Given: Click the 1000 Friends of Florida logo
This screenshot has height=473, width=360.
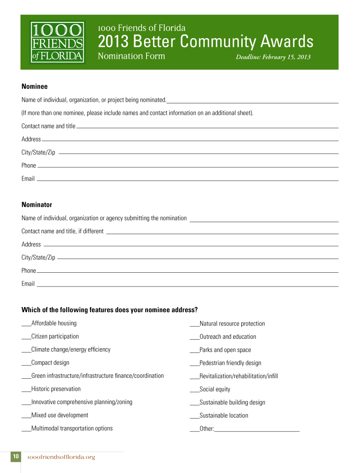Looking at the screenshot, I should [x=57, y=42].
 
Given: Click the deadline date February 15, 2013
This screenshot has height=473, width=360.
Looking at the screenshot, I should [x=273, y=57].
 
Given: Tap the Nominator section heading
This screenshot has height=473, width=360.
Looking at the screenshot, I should [x=37, y=205].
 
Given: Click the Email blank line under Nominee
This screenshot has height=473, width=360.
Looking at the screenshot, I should [x=187, y=180].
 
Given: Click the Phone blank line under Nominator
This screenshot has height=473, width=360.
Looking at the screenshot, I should [x=187, y=271].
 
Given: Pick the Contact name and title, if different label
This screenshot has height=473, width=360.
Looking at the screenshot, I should [x=63, y=231].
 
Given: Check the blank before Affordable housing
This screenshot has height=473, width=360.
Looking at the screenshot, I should [x=26, y=325].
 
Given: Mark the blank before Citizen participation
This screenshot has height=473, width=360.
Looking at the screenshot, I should [x=26, y=338].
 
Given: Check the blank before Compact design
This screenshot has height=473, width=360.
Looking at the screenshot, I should [x=26, y=364].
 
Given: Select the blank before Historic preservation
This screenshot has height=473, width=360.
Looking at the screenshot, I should [x=26, y=390].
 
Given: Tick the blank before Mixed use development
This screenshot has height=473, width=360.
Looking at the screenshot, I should [x=26, y=416].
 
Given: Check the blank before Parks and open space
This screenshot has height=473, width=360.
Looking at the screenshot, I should [x=194, y=351].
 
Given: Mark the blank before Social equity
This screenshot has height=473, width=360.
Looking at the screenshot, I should [x=194, y=391].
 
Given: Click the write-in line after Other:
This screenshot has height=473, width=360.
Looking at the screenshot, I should [x=257, y=430].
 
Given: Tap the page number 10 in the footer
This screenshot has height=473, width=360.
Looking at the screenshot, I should [x=15, y=457].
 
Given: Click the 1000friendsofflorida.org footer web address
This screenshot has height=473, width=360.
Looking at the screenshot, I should [x=61, y=457].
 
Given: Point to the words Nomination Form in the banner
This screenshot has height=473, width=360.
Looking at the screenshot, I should [x=131, y=56].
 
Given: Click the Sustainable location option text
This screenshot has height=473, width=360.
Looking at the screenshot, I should [x=224, y=416].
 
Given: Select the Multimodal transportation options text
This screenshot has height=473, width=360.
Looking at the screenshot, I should [x=72, y=428].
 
